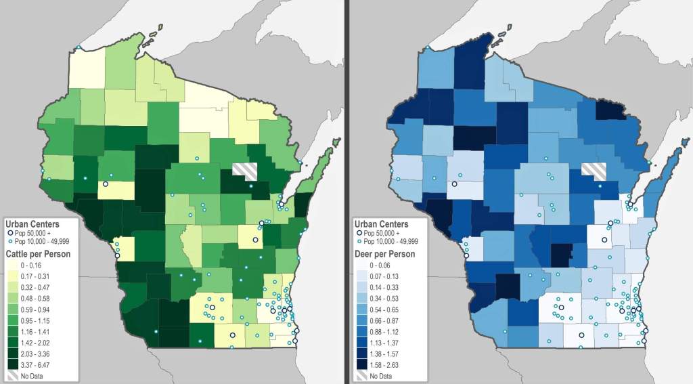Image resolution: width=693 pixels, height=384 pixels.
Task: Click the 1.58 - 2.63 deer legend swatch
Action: point(362,364)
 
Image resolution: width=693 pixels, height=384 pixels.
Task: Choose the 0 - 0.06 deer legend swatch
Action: point(362,264)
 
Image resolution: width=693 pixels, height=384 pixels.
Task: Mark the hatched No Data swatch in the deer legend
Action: point(362,375)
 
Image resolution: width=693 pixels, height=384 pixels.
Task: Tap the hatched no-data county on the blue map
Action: point(594,171)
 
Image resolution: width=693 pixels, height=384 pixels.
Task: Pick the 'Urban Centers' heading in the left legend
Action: point(32,224)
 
